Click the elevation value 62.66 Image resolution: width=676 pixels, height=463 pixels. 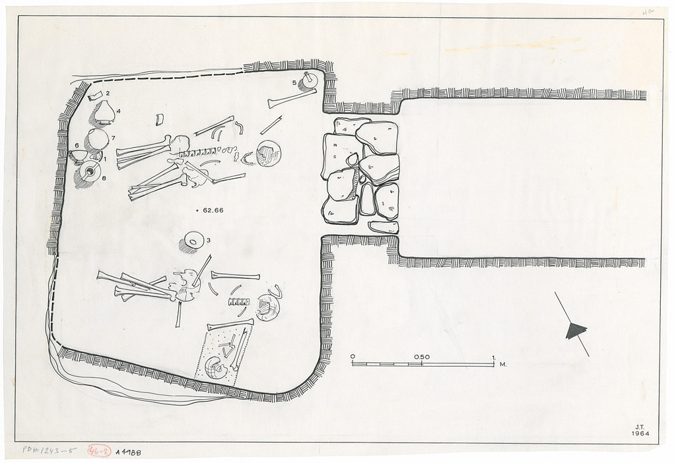[x=216, y=210]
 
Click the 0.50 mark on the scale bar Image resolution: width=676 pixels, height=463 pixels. [x=422, y=357]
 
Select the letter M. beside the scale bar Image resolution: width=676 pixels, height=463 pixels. [x=503, y=364]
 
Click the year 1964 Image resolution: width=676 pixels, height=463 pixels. [x=640, y=434]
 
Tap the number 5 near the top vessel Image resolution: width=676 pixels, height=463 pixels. [x=294, y=82]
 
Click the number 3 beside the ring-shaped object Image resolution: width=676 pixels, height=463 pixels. [x=209, y=241]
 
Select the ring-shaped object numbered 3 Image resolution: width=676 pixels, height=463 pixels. [x=193, y=242]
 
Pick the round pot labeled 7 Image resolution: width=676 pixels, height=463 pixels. [x=98, y=139]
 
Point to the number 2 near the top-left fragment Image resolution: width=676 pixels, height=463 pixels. [x=108, y=93]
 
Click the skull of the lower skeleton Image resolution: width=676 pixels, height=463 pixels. [x=267, y=307]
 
